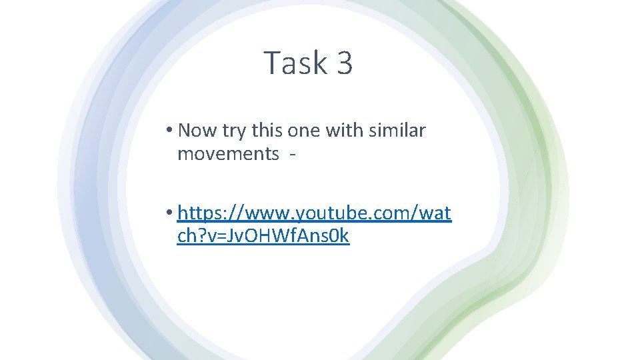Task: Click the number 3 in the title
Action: point(345,63)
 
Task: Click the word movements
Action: point(228,153)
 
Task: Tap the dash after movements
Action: point(292,155)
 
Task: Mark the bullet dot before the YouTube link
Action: point(170,213)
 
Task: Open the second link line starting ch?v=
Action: point(263,236)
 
